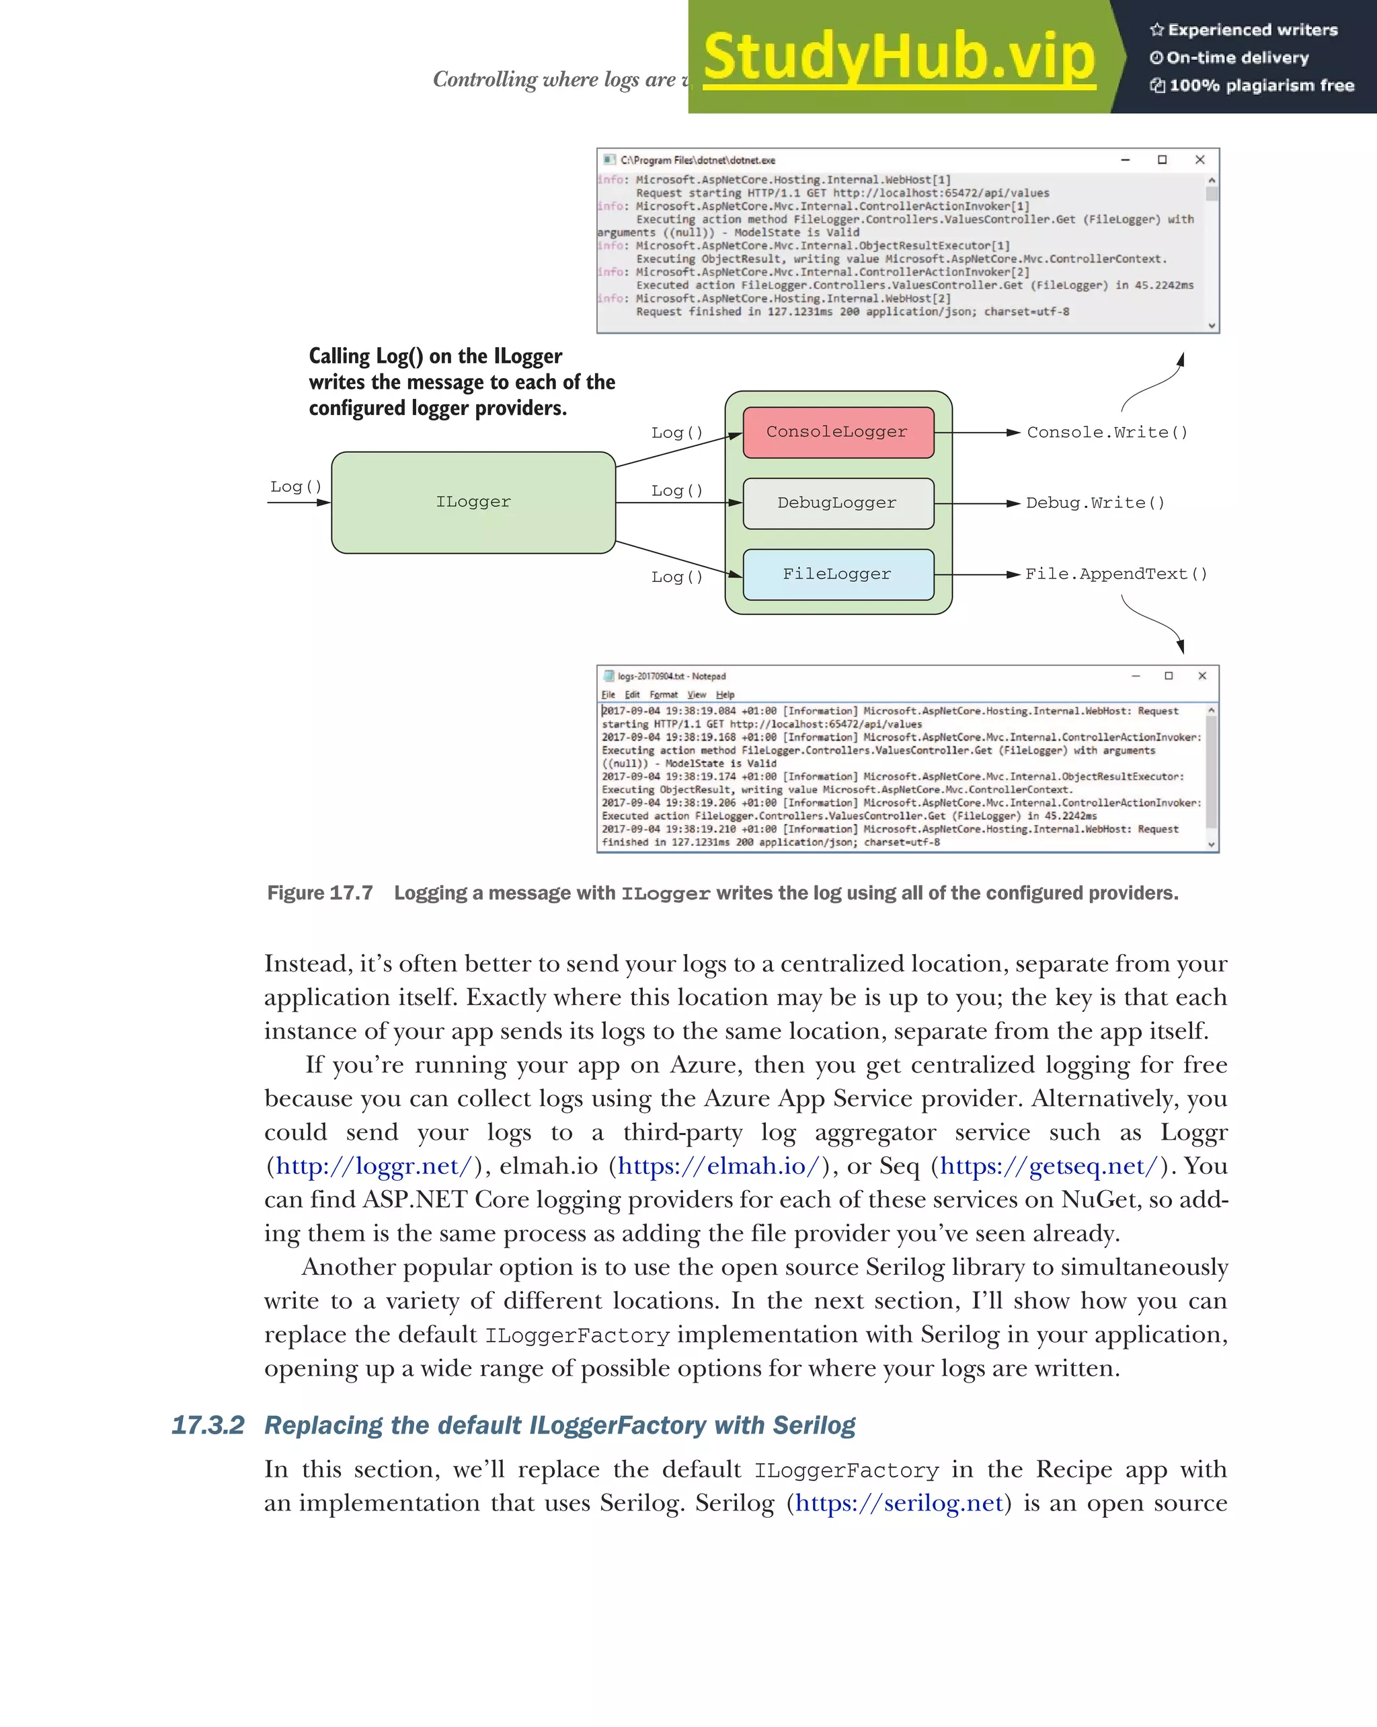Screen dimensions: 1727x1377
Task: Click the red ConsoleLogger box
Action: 837,433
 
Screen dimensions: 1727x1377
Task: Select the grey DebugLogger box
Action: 837,503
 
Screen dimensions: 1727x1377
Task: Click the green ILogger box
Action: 473,503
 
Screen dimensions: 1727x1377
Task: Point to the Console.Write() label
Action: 1107,433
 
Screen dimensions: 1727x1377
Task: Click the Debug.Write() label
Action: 1095,503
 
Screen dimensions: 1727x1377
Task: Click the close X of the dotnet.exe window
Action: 1199,160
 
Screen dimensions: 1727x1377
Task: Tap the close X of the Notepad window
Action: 1202,676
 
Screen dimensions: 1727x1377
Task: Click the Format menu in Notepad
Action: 664,694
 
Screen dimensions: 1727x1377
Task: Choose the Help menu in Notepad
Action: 725,694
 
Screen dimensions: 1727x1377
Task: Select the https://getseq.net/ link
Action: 1049,1167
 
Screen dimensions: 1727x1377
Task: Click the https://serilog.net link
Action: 899,1504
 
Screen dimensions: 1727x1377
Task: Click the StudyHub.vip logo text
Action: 898,58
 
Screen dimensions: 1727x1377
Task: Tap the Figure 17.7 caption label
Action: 320,893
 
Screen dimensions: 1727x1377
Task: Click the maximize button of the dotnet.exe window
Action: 1163,160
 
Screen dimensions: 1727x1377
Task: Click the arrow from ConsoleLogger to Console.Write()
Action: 977,433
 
